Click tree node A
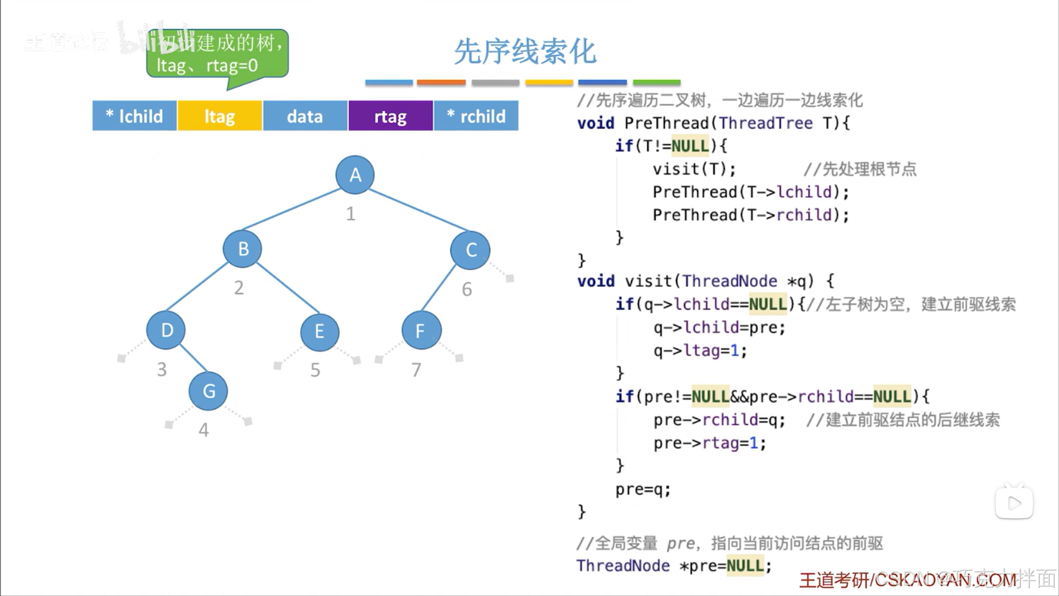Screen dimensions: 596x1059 coord(355,175)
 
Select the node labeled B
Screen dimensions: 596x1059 coord(242,249)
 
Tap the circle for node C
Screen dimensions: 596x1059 coord(470,250)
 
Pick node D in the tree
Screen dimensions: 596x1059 coord(166,330)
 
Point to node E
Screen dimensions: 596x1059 coord(320,331)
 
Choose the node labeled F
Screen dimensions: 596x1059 coord(421,330)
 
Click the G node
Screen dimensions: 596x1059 coord(208,391)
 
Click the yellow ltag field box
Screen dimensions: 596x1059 coord(220,116)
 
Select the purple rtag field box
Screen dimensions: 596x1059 coord(390,116)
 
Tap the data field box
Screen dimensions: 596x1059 coord(305,116)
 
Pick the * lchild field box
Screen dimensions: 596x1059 coord(135,116)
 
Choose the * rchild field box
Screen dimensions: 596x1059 coord(476,116)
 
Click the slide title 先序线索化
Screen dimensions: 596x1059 coord(525,52)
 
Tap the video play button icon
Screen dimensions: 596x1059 coord(1014,503)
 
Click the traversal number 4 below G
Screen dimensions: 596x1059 coord(204,430)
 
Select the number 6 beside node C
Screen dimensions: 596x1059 coord(467,289)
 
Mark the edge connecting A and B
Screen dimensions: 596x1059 coord(291,209)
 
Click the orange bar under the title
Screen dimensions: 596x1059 coord(441,83)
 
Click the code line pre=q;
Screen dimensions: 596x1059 coord(643,489)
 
